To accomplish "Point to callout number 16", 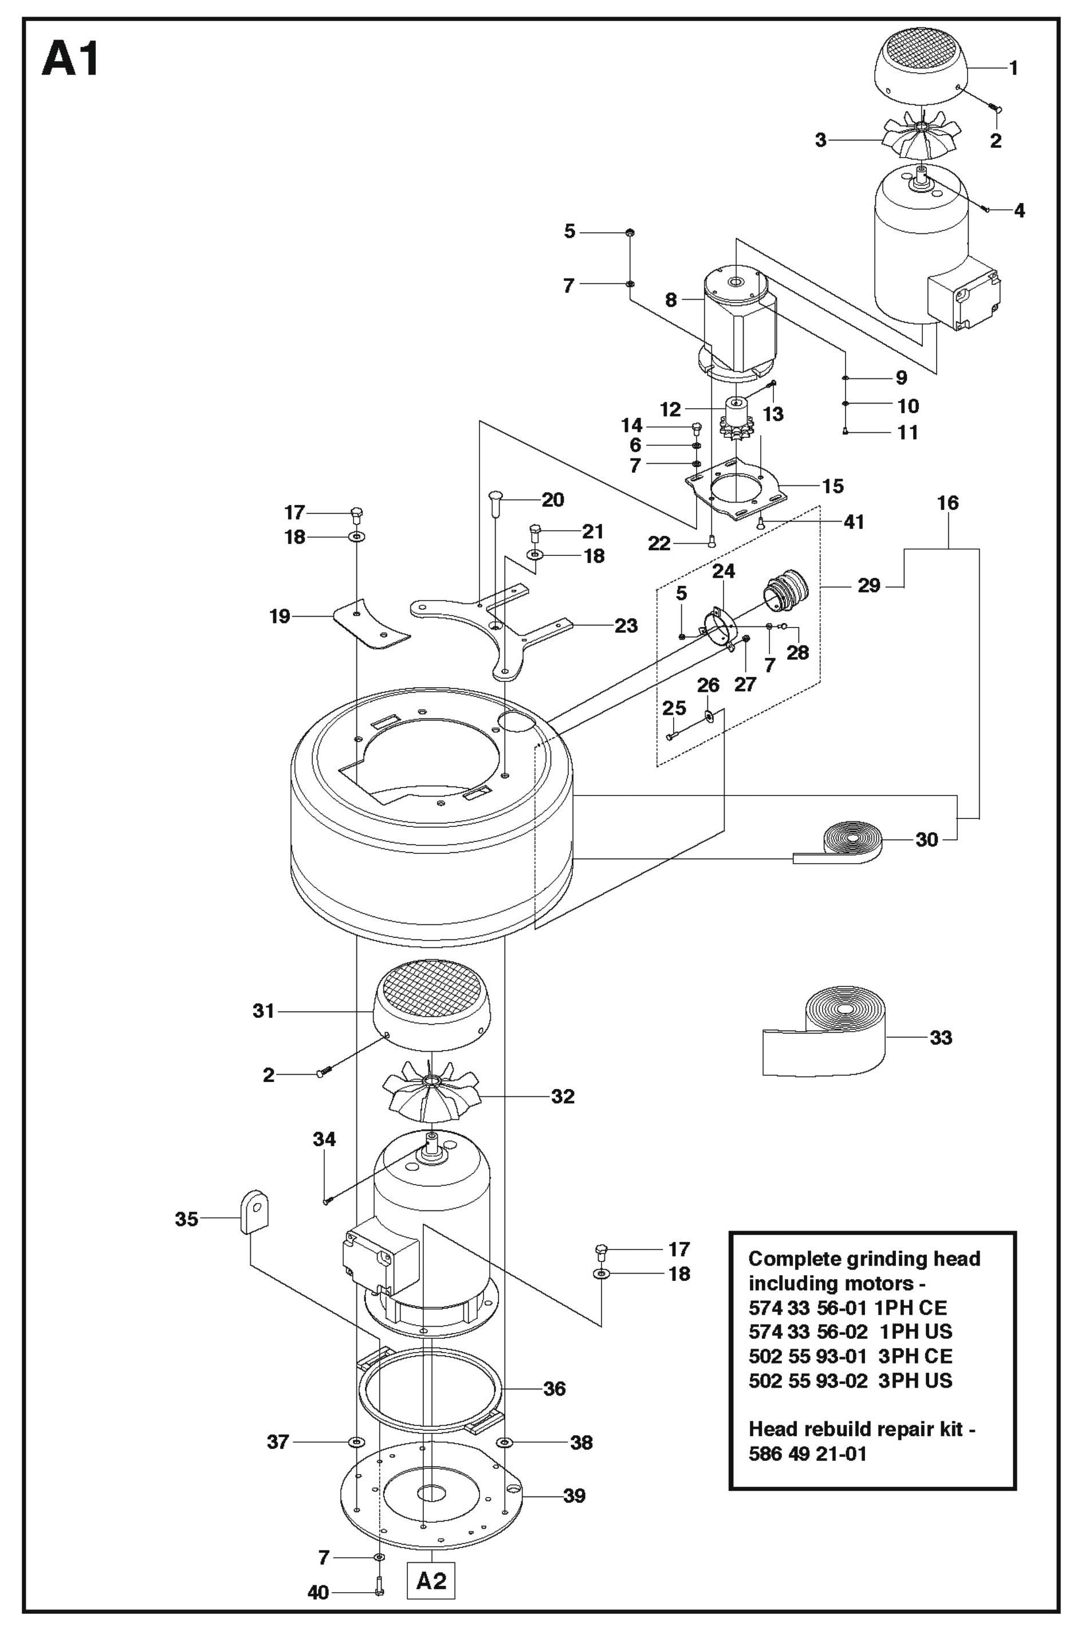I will [x=948, y=503].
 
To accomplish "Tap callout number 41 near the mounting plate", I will [x=854, y=522].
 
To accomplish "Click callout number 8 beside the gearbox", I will [x=671, y=300].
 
